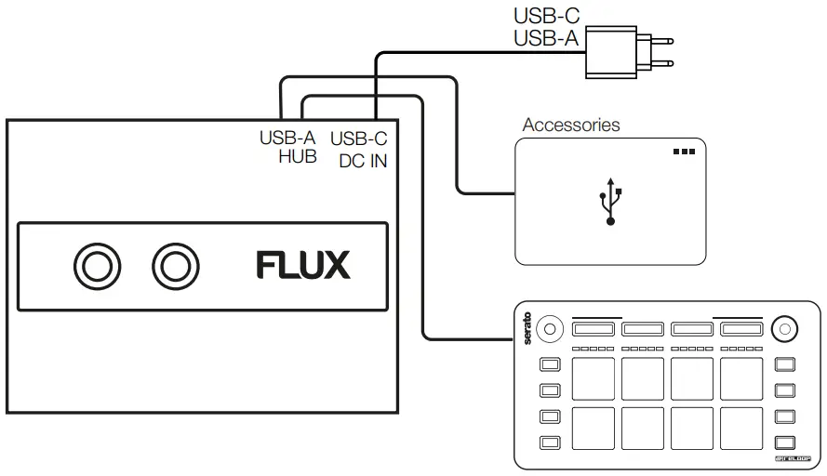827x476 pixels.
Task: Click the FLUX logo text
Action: (303, 266)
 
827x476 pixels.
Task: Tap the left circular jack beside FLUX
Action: (97, 266)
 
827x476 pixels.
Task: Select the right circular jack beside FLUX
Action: (173, 266)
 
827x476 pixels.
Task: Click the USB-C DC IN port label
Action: (359, 148)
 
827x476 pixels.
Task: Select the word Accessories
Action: (570, 125)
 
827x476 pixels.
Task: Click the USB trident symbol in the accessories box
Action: (610, 201)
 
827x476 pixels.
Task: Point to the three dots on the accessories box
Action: (684, 152)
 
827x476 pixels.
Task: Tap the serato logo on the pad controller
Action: (527, 328)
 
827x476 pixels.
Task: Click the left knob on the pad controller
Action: (550, 327)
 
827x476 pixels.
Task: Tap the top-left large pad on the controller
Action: (594, 378)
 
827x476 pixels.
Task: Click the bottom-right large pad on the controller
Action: (740, 428)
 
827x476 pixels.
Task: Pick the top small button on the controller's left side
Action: (550, 364)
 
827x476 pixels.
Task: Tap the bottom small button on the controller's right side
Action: (786, 442)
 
